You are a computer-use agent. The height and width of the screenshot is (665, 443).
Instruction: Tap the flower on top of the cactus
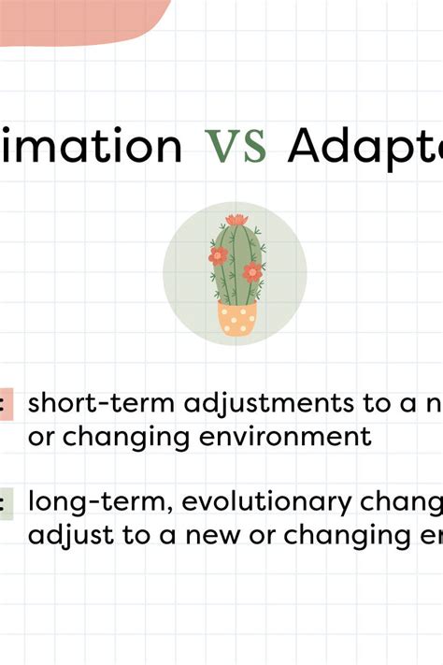pos(236,221)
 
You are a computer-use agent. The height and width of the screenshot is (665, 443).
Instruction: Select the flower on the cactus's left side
pos(218,255)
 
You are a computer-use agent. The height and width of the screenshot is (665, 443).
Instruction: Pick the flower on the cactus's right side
pos(252,272)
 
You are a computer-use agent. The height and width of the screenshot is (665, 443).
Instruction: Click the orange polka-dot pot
pos(236,318)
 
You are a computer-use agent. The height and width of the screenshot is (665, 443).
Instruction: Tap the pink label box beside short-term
pos(6,403)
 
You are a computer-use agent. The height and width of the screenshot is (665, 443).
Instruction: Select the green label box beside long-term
pos(6,503)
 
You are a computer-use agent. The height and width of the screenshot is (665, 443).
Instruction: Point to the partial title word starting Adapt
pos(364,148)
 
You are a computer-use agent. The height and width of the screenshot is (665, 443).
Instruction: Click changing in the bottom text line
pos(339,537)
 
